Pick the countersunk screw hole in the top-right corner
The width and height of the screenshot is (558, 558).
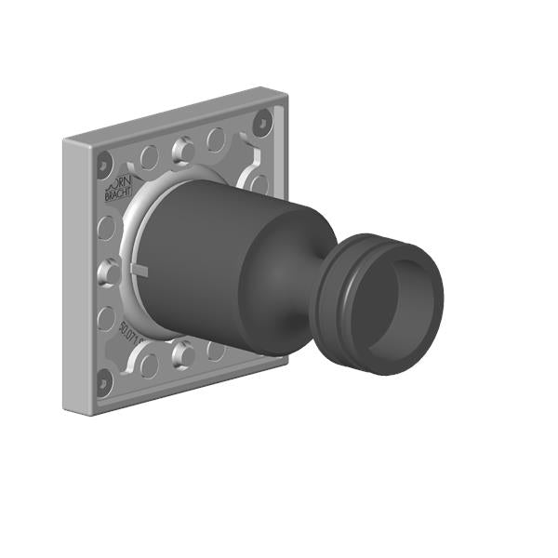click(263, 120)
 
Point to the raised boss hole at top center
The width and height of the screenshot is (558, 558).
click(183, 147)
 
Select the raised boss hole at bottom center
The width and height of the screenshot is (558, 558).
click(183, 352)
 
